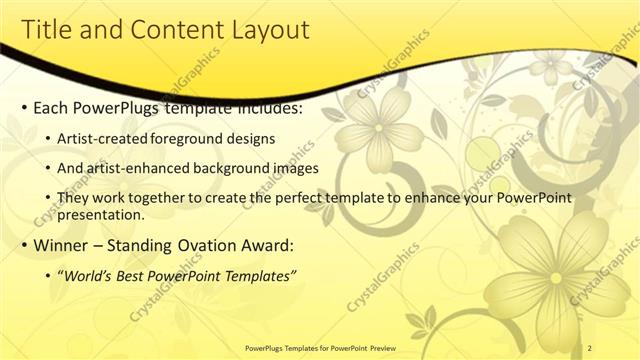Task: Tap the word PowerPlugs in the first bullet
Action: click(118, 107)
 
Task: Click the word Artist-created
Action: click(102, 138)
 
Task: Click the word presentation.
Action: click(103, 214)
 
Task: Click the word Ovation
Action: click(202, 245)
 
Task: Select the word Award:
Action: click(267, 245)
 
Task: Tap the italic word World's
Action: click(92, 275)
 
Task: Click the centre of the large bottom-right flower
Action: click(555, 277)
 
